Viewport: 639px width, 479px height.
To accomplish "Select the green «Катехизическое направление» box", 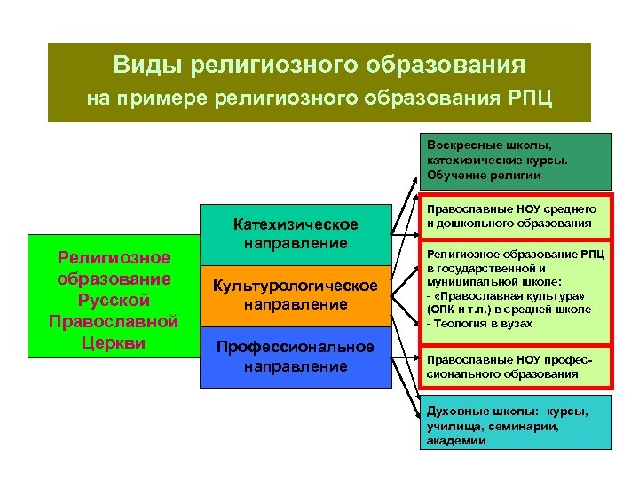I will [295, 233].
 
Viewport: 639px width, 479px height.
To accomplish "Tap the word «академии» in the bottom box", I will [456, 440].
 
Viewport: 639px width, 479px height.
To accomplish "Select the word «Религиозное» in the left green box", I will [114, 257].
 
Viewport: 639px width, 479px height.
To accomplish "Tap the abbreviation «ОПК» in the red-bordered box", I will [442, 310].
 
